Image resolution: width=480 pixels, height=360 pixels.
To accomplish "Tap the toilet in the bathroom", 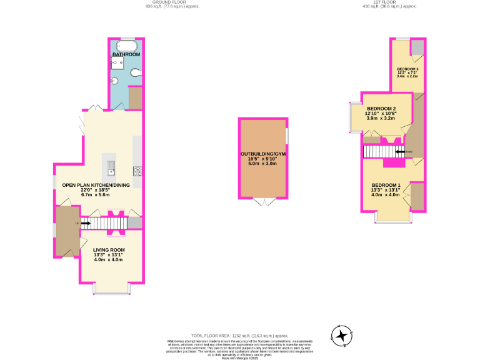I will coord(136,74).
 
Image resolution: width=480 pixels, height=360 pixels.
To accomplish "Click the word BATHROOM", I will coord(126,55).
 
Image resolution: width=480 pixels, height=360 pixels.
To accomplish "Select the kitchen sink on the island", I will coord(111,167).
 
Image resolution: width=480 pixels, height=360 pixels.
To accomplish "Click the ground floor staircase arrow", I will coord(84,222).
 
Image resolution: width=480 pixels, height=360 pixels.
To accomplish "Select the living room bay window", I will coord(112,289).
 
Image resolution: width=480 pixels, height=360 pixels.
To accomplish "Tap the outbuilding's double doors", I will coord(262,202).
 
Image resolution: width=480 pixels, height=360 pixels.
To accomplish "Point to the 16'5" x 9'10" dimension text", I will coord(262,159).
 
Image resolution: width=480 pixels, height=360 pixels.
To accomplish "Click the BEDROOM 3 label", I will coord(407,68).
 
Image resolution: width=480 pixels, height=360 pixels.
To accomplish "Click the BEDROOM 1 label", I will coord(385,186).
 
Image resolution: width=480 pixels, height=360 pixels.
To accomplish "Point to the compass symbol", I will coord(342,336).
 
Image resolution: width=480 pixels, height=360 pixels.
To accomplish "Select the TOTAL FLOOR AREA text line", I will coord(240,336).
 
